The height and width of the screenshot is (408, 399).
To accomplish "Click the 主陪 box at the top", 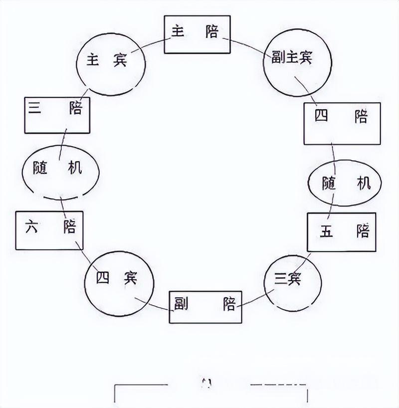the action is point(197,34).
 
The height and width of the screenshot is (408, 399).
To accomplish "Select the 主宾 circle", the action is point(111,64).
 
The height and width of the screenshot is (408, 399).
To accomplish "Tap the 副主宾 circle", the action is point(297,62).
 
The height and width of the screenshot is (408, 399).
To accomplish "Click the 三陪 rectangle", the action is point(57,115).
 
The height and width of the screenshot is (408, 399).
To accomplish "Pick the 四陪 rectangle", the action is point(342,124).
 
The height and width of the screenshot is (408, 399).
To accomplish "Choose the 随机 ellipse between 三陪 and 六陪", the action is point(61,172).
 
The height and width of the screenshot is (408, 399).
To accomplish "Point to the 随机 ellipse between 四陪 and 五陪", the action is point(345,183).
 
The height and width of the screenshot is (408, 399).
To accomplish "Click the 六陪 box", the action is point(49,230).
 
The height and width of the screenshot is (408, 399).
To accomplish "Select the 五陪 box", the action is point(342,232).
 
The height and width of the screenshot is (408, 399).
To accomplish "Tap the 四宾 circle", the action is point(119,284).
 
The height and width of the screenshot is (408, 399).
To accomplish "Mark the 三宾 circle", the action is point(293,283).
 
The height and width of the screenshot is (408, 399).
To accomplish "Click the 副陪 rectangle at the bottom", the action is point(205,307).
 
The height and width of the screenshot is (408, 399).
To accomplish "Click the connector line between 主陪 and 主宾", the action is point(151,45).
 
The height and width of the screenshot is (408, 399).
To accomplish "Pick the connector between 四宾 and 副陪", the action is point(154,304).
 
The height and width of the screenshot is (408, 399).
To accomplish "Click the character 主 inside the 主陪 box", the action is point(178,31).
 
